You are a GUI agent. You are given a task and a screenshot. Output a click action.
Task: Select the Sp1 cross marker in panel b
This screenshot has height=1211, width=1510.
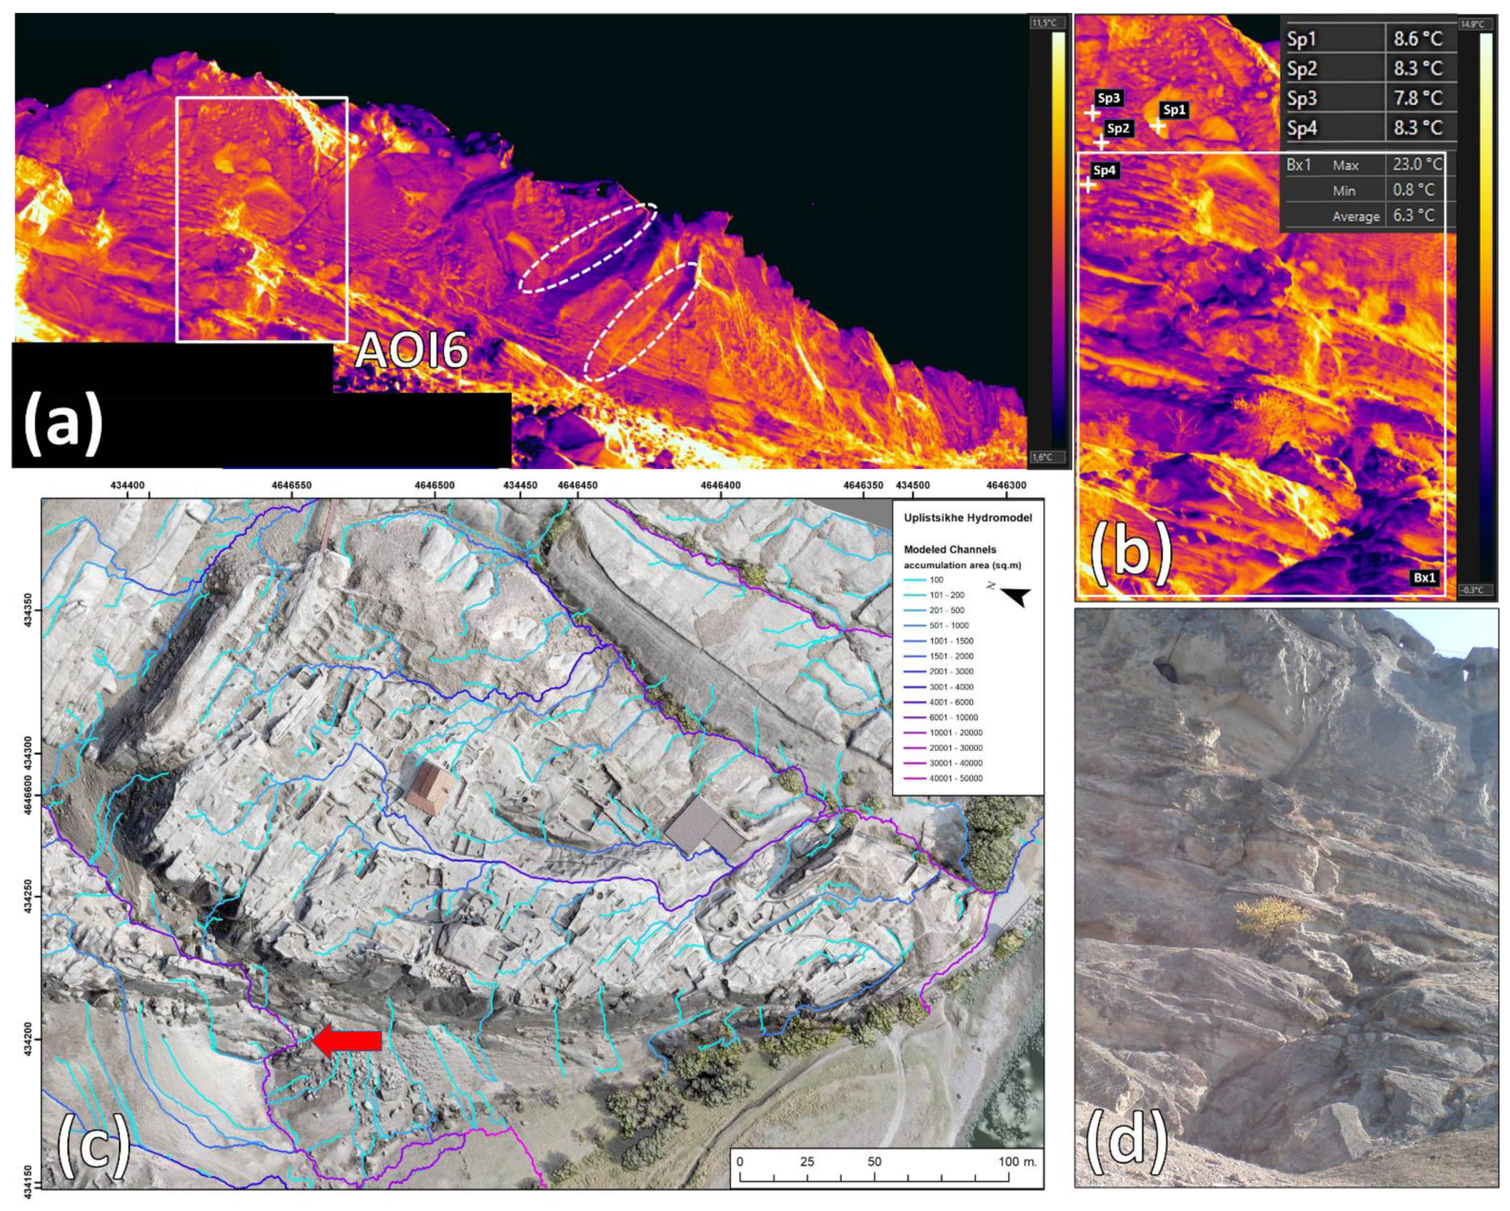(x=1158, y=127)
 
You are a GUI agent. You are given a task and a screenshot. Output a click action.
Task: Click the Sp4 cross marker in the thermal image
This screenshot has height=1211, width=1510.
(x=1088, y=185)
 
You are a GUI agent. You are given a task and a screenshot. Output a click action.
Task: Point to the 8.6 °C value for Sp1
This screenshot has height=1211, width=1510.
(x=1417, y=39)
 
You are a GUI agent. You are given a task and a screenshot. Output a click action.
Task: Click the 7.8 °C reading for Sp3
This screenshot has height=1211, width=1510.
(x=1417, y=98)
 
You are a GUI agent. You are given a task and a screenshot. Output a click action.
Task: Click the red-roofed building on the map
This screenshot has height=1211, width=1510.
(x=430, y=789)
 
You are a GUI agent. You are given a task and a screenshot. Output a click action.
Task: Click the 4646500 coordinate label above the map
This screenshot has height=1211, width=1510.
(x=433, y=485)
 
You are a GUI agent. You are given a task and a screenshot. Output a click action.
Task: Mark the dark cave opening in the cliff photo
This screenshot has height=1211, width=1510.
(x=1166, y=670)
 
